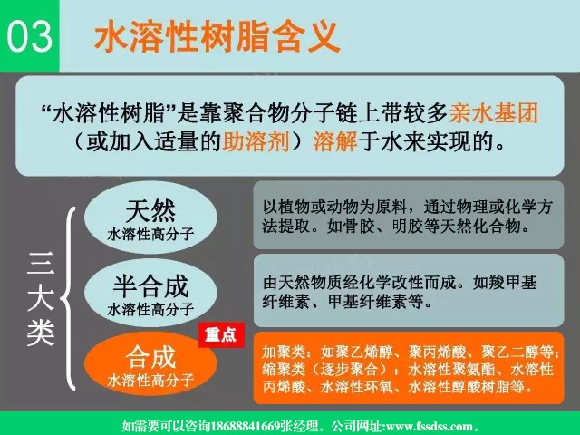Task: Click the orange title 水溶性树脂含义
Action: pyautogui.click(x=217, y=37)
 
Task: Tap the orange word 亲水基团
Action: pyautogui.click(x=494, y=113)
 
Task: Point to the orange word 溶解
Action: pyautogui.click(x=333, y=142)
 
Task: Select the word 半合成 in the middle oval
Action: pyautogui.click(x=150, y=286)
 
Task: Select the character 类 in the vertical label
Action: pyautogui.click(x=41, y=333)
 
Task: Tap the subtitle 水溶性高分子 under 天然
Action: pyautogui.click(x=150, y=234)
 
